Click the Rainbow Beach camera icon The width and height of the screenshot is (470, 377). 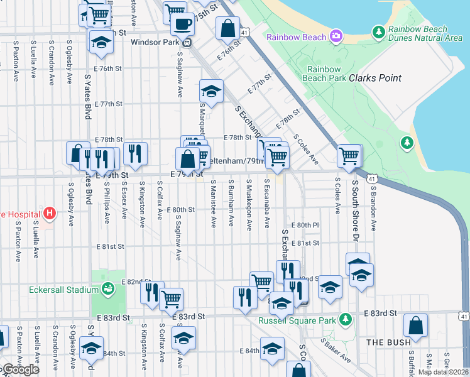click(336, 36)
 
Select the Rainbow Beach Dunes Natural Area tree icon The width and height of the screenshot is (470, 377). click(378, 31)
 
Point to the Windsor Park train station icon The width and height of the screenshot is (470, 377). click(187, 43)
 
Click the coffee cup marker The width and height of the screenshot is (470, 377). click(182, 24)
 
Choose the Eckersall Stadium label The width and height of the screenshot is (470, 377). click(63, 290)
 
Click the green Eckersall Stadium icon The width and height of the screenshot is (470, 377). click(108, 289)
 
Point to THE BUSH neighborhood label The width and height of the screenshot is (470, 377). click(389, 342)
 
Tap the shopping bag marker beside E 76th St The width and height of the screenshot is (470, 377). click(227, 28)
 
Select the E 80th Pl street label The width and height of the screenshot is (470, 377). click(305, 224)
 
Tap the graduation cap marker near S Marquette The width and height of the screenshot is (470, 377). click(212, 91)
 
